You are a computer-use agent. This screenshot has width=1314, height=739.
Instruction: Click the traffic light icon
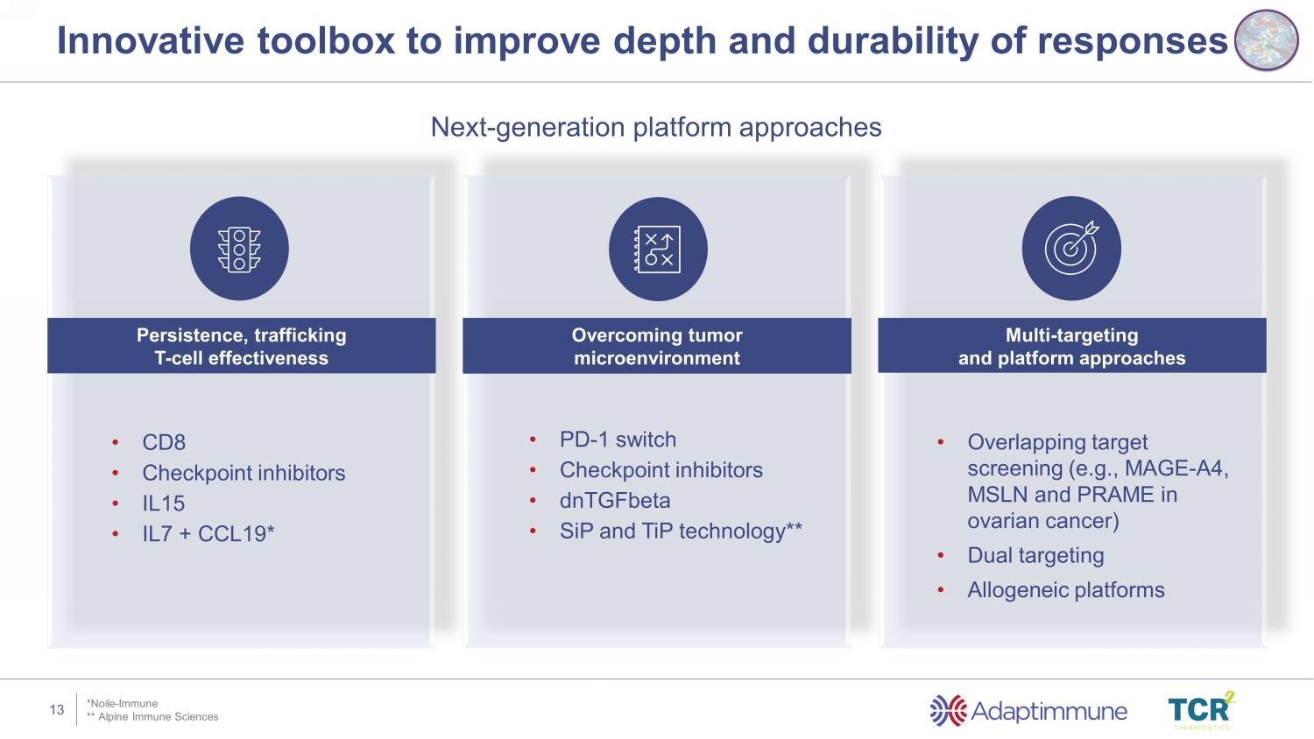click(x=239, y=250)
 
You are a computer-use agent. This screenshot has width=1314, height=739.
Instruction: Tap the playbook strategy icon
click(x=658, y=250)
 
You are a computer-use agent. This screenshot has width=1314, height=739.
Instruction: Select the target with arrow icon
click(x=1071, y=248)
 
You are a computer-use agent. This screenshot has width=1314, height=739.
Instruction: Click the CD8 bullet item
click(x=164, y=442)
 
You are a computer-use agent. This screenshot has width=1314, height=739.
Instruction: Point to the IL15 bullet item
click(x=164, y=503)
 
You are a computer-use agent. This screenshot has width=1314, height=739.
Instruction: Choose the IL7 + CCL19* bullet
click(x=208, y=534)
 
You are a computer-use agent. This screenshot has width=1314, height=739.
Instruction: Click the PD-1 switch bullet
click(x=618, y=440)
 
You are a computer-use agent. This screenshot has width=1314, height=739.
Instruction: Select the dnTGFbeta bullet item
click(x=615, y=500)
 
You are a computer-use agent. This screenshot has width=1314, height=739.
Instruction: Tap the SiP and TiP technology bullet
click(x=681, y=531)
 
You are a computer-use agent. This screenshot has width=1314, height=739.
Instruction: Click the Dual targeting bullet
click(x=1035, y=555)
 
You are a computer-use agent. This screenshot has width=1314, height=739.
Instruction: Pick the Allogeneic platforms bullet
click(x=1066, y=590)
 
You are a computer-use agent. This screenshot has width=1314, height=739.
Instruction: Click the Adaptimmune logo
click(x=1028, y=711)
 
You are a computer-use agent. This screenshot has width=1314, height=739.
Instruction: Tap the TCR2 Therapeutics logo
click(x=1201, y=710)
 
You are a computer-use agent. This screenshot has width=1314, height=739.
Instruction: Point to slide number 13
click(x=57, y=710)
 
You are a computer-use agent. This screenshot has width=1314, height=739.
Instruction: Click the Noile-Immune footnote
click(x=122, y=703)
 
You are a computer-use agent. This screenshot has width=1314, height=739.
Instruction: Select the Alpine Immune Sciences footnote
click(x=152, y=717)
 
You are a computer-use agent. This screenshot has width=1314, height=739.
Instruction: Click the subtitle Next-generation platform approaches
click(x=656, y=127)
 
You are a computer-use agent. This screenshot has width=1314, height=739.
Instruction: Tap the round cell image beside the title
click(x=1266, y=40)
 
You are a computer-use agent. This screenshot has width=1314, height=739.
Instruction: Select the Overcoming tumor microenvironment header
click(x=657, y=346)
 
